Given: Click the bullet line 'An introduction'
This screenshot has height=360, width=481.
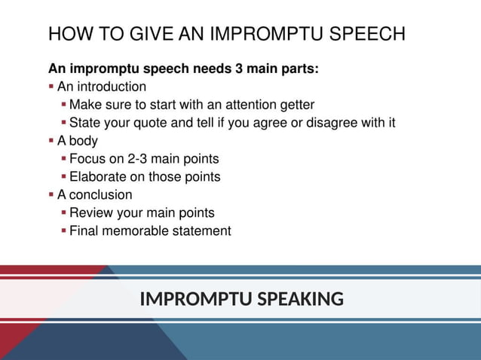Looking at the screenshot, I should pyautogui.click(x=101, y=87).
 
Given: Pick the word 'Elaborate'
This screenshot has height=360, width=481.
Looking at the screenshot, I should pyautogui.click(x=98, y=177).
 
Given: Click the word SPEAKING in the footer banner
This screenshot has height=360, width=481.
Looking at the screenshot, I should pyautogui.click(x=300, y=300).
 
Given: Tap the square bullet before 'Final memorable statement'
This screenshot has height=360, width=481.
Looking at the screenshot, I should pyautogui.click(x=63, y=231).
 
